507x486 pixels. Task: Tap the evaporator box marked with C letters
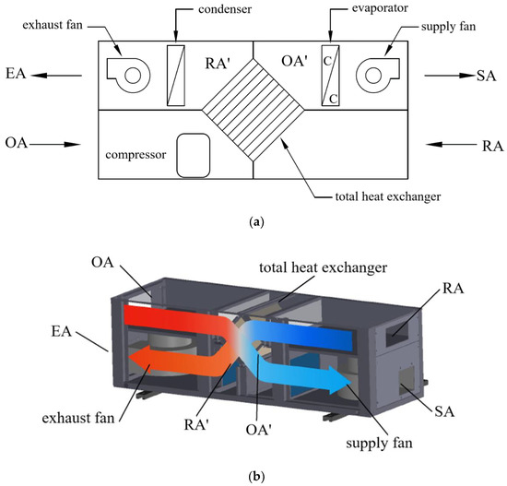click(x=330, y=73)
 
